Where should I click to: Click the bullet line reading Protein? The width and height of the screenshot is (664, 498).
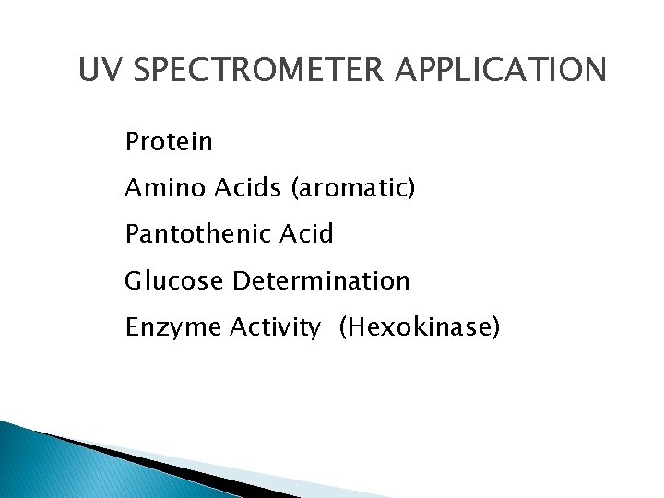pos(169,142)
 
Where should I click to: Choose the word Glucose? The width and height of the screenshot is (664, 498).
pos(174,280)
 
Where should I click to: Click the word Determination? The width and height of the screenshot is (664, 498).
pos(321,280)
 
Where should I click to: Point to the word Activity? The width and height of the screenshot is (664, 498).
pos(274,327)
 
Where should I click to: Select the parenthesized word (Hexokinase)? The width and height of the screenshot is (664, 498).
pos(420,326)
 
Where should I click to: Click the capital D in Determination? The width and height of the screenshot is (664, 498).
pos(240,280)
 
